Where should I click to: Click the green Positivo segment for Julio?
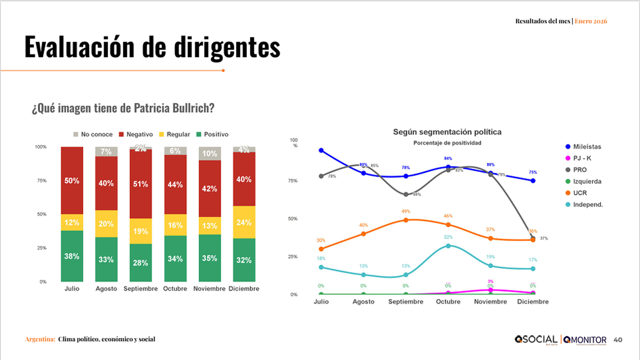pyautogui.click(x=72, y=256)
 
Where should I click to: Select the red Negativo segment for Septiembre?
pyautogui.click(x=141, y=184)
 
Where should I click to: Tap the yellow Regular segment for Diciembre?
pyautogui.click(x=244, y=222)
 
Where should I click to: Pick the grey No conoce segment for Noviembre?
pyautogui.click(x=210, y=154)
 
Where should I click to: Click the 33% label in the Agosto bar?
pyautogui.click(x=106, y=259)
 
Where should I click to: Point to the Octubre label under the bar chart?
pyautogui.click(x=175, y=289)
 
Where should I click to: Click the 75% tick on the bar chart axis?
pyautogui.click(x=42, y=181)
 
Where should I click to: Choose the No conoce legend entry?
pyautogui.click(x=93, y=134)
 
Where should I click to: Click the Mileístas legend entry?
pyautogui.click(x=586, y=147)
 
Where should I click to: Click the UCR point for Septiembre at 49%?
pyautogui.click(x=406, y=220)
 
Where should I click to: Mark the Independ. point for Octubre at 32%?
pyautogui.click(x=448, y=246)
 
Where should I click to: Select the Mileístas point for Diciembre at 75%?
pyautogui.click(x=533, y=181)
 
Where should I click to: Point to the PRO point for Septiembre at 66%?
pyautogui.click(x=406, y=194)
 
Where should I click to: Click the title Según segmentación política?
pyautogui.click(x=447, y=132)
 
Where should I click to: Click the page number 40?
pyautogui.click(x=618, y=340)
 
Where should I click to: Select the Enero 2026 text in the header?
pyautogui.click(x=591, y=21)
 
